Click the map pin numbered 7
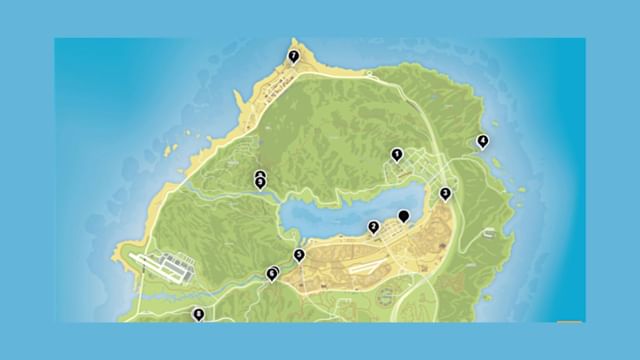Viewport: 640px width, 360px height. pyautogui.click(x=293, y=57)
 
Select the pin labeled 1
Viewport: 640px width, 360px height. pyautogui.click(x=397, y=155)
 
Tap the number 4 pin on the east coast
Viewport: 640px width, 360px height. pyautogui.click(x=482, y=141)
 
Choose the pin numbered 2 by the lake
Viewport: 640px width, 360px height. pyautogui.click(x=373, y=227)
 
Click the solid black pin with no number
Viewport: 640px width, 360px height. pyautogui.click(x=404, y=215)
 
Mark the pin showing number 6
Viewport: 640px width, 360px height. pyautogui.click(x=273, y=272)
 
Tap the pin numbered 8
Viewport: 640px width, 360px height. pyautogui.click(x=199, y=315)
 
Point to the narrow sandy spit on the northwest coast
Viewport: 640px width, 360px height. pyautogui.click(x=241, y=101)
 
